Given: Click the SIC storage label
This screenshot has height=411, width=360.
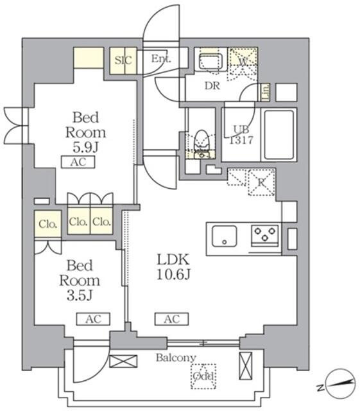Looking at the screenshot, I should [x=123, y=60].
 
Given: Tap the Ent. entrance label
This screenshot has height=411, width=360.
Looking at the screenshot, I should [x=161, y=59].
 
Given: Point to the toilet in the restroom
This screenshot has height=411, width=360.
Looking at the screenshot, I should [x=202, y=139].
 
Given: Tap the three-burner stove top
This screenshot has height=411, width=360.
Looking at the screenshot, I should [x=265, y=235].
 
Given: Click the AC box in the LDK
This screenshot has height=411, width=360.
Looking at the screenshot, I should [x=171, y=319].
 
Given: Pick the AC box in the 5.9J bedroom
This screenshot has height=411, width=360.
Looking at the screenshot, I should [x=78, y=162].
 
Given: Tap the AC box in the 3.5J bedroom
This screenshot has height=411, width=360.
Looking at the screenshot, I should [x=93, y=319].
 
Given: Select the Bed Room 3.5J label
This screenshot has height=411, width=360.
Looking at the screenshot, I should [x=80, y=280].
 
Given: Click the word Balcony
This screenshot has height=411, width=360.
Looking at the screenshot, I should [x=175, y=358].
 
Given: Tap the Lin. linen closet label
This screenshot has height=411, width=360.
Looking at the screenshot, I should [x=265, y=92].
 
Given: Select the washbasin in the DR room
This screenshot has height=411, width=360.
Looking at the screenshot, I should [x=209, y=63].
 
